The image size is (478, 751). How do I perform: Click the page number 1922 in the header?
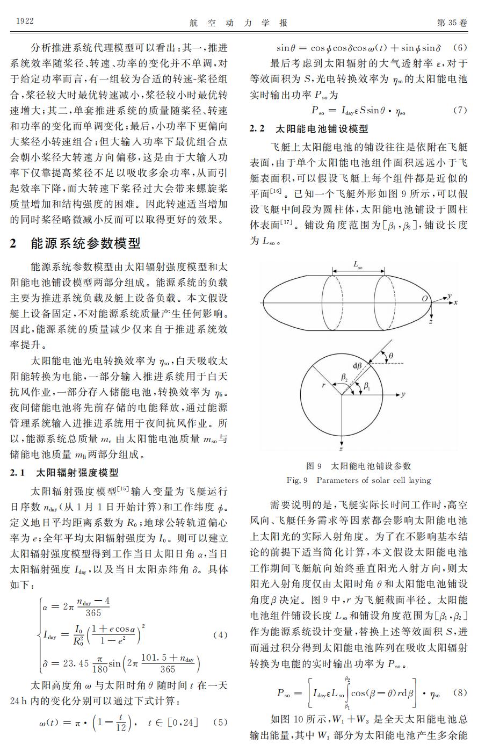[25, 21]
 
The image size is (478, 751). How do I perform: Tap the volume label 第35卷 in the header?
[452, 22]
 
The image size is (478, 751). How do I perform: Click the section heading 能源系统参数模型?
[86, 243]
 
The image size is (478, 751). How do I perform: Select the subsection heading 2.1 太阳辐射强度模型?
[64, 473]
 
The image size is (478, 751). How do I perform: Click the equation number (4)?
[220, 634]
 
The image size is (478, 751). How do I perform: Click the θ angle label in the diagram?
[391, 355]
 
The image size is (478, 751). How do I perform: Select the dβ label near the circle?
[358, 365]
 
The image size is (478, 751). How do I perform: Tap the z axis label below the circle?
[341, 448]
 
